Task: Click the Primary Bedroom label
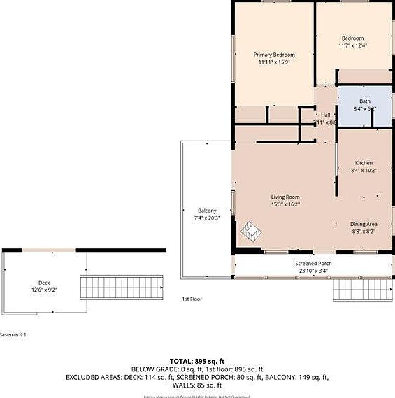click(273, 55)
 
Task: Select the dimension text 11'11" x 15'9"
click(273, 62)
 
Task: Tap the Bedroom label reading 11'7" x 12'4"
click(352, 45)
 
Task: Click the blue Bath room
click(364, 105)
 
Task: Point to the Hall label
click(325, 115)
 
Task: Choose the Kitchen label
click(364, 162)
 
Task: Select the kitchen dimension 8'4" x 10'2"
click(364, 170)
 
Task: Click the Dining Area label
click(364, 224)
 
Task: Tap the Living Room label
click(285, 197)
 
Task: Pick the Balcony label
click(207, 211)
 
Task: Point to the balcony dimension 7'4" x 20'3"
click(207, 218)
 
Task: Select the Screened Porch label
click(313, 264)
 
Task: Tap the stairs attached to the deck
click(122, 287)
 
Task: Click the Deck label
click(44, 283)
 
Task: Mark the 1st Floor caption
click(192, 299)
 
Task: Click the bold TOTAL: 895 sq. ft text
click(197, 362)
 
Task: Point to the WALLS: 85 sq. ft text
click(197, 385)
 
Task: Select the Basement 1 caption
click(13, 335)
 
